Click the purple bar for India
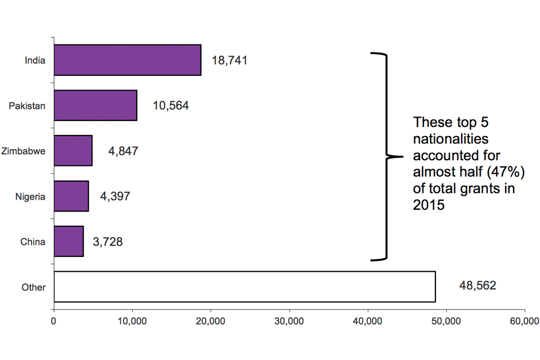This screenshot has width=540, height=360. coord(128,60)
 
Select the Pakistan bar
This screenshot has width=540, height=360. coord(95,105)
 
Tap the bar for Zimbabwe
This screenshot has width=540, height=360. coord(73,150)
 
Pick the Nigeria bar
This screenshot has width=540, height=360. coord(71,196)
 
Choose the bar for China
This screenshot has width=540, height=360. coord(69,241)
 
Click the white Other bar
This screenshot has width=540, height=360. coord(245,286)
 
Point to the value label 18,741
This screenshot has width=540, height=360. coord(229,61)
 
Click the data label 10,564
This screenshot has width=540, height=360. coord(170,106)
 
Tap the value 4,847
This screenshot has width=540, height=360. coord(123,151)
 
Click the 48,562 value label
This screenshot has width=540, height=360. coord(477,286)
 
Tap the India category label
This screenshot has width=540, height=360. coord(35,60)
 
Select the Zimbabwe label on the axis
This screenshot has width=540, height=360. coord(23,151)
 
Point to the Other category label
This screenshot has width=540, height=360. coord(33,287)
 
